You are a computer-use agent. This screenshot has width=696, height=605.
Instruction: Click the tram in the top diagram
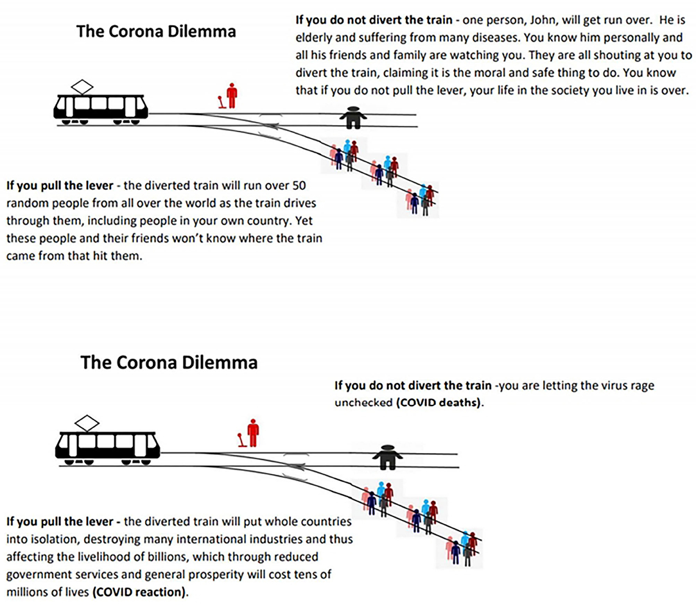click(x=101, y=107)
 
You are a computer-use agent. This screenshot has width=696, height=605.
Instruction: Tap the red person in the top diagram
click(x=232, y=96)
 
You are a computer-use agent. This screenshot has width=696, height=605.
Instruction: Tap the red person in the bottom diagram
click(x=253, y=433)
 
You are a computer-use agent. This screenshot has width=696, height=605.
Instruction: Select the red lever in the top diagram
click(x=222, y=102)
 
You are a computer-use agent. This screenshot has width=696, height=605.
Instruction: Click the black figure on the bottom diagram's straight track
click(x=387, y=457)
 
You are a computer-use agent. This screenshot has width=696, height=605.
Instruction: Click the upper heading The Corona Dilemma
click(x=156, y=31)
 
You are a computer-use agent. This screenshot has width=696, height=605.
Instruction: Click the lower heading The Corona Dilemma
click(x=169, y=362)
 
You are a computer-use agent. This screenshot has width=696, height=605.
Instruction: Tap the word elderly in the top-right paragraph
click(x=314, y=38)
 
